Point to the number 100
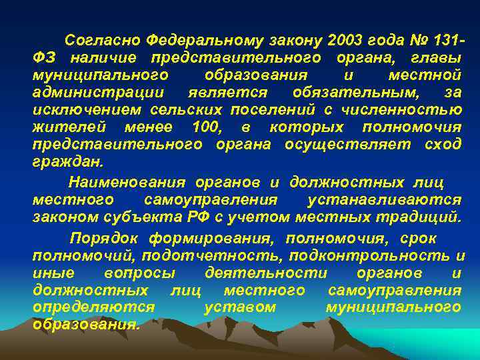(x=207, y=127)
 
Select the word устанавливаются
(x=385, y=199)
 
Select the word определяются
(x=93, y=307)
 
